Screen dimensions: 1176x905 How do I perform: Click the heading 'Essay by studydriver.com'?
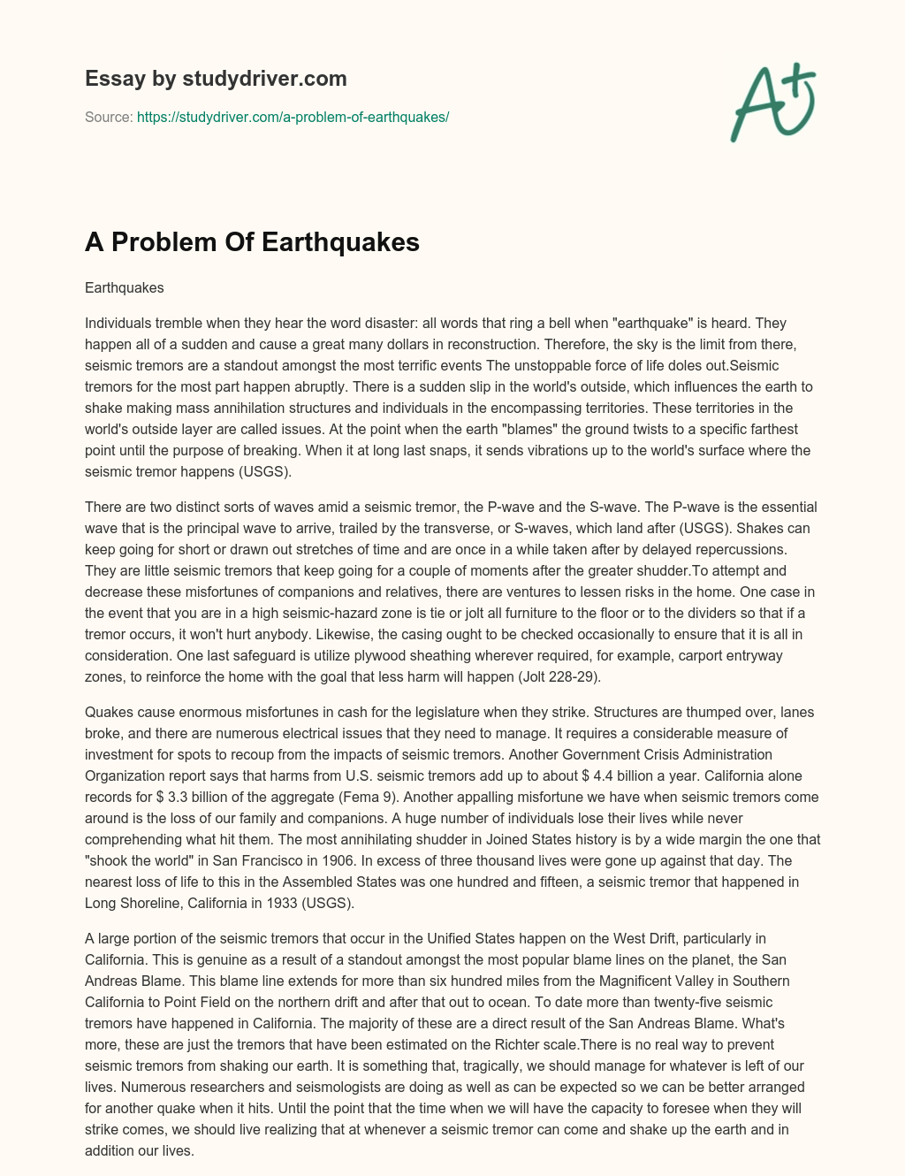coord(216,79)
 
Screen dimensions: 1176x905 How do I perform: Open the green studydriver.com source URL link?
coord(293,117)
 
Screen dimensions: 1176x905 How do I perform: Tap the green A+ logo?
coord(772,102)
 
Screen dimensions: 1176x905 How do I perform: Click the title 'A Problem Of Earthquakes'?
coord(252,242)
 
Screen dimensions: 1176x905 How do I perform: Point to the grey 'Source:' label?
coord(109,117)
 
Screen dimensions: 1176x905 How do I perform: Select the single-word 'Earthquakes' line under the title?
coord(125,287)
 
